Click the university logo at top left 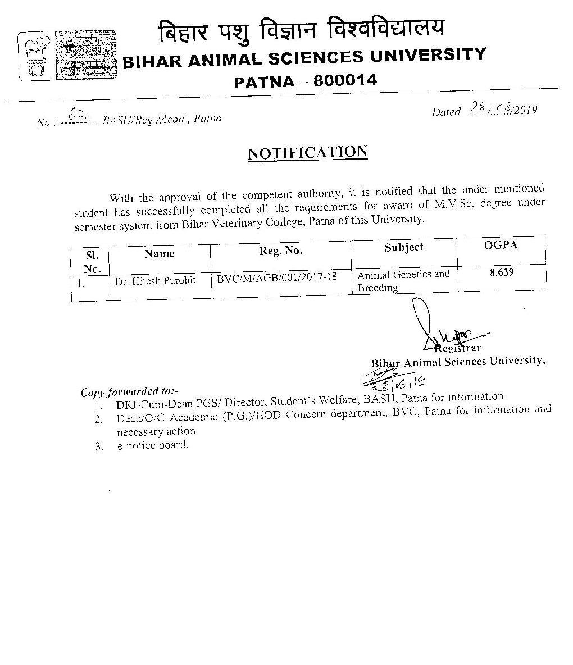(x=32, y=55)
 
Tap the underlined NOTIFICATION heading (x=308, y=153)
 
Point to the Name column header (x=160, y=253)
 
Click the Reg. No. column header (x=281, y=251)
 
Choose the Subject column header (x=404, y=247)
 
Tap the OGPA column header (x=501, y=245)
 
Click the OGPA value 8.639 (x=501, y=272)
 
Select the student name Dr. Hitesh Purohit (x=156, y=280)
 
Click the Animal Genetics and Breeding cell (x=403, y=281)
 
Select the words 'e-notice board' (x=152, y=445)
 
